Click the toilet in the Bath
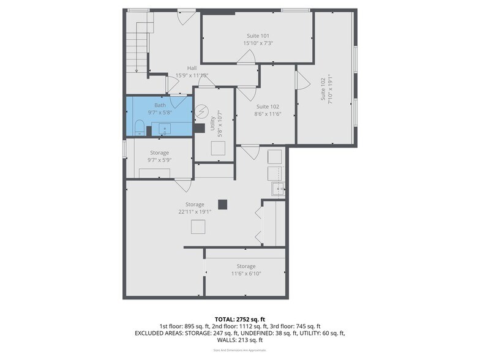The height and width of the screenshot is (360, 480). coord(138,128)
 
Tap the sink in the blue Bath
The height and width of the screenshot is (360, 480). coord(164,130)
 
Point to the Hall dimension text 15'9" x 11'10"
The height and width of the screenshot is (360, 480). coord(192,75)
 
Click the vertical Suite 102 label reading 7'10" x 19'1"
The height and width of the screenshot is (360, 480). coord(326,89)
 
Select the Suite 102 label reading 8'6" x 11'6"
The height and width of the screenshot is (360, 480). coord(268,110)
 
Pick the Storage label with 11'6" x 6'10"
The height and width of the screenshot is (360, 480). coord(246,270)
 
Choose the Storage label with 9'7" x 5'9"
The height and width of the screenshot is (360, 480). coord(159,156)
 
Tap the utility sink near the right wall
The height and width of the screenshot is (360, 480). coord(278,190)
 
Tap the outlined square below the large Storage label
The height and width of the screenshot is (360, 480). coord(198,227)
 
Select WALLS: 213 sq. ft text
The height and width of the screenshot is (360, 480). coord(239,340)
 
